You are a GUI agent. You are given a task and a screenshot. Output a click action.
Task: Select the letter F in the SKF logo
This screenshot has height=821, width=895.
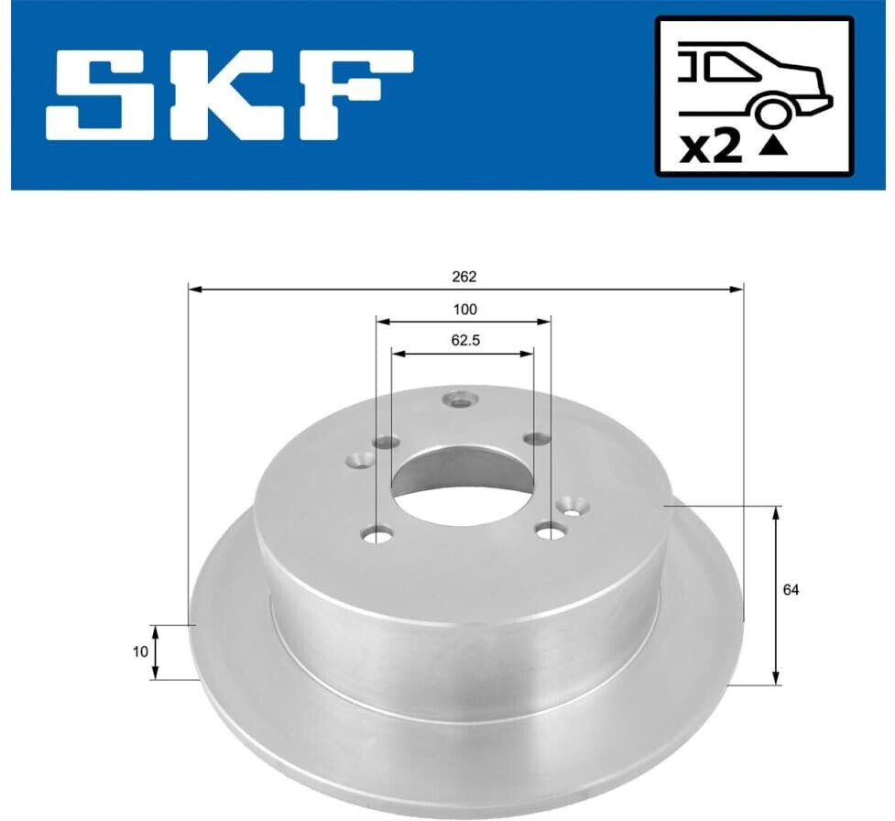(355, 94)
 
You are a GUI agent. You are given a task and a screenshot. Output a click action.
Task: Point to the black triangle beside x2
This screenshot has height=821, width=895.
(773, 148)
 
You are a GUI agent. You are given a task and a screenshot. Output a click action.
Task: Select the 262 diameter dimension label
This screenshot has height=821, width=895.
(464, 277)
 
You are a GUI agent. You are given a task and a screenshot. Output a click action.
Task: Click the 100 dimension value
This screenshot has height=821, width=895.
(465, 310)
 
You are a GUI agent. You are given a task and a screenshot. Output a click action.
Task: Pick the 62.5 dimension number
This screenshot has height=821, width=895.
(465, 341)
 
